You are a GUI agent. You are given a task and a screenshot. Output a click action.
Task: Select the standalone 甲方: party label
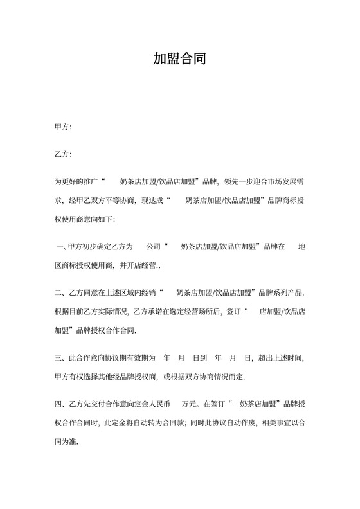pyautogui.click(x=63, y=127)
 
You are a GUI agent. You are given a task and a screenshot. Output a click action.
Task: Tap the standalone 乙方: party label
pyautogui.click(x=63, y=154)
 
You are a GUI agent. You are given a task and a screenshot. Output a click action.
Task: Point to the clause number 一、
pyautogui.click(x=62, y=246)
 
